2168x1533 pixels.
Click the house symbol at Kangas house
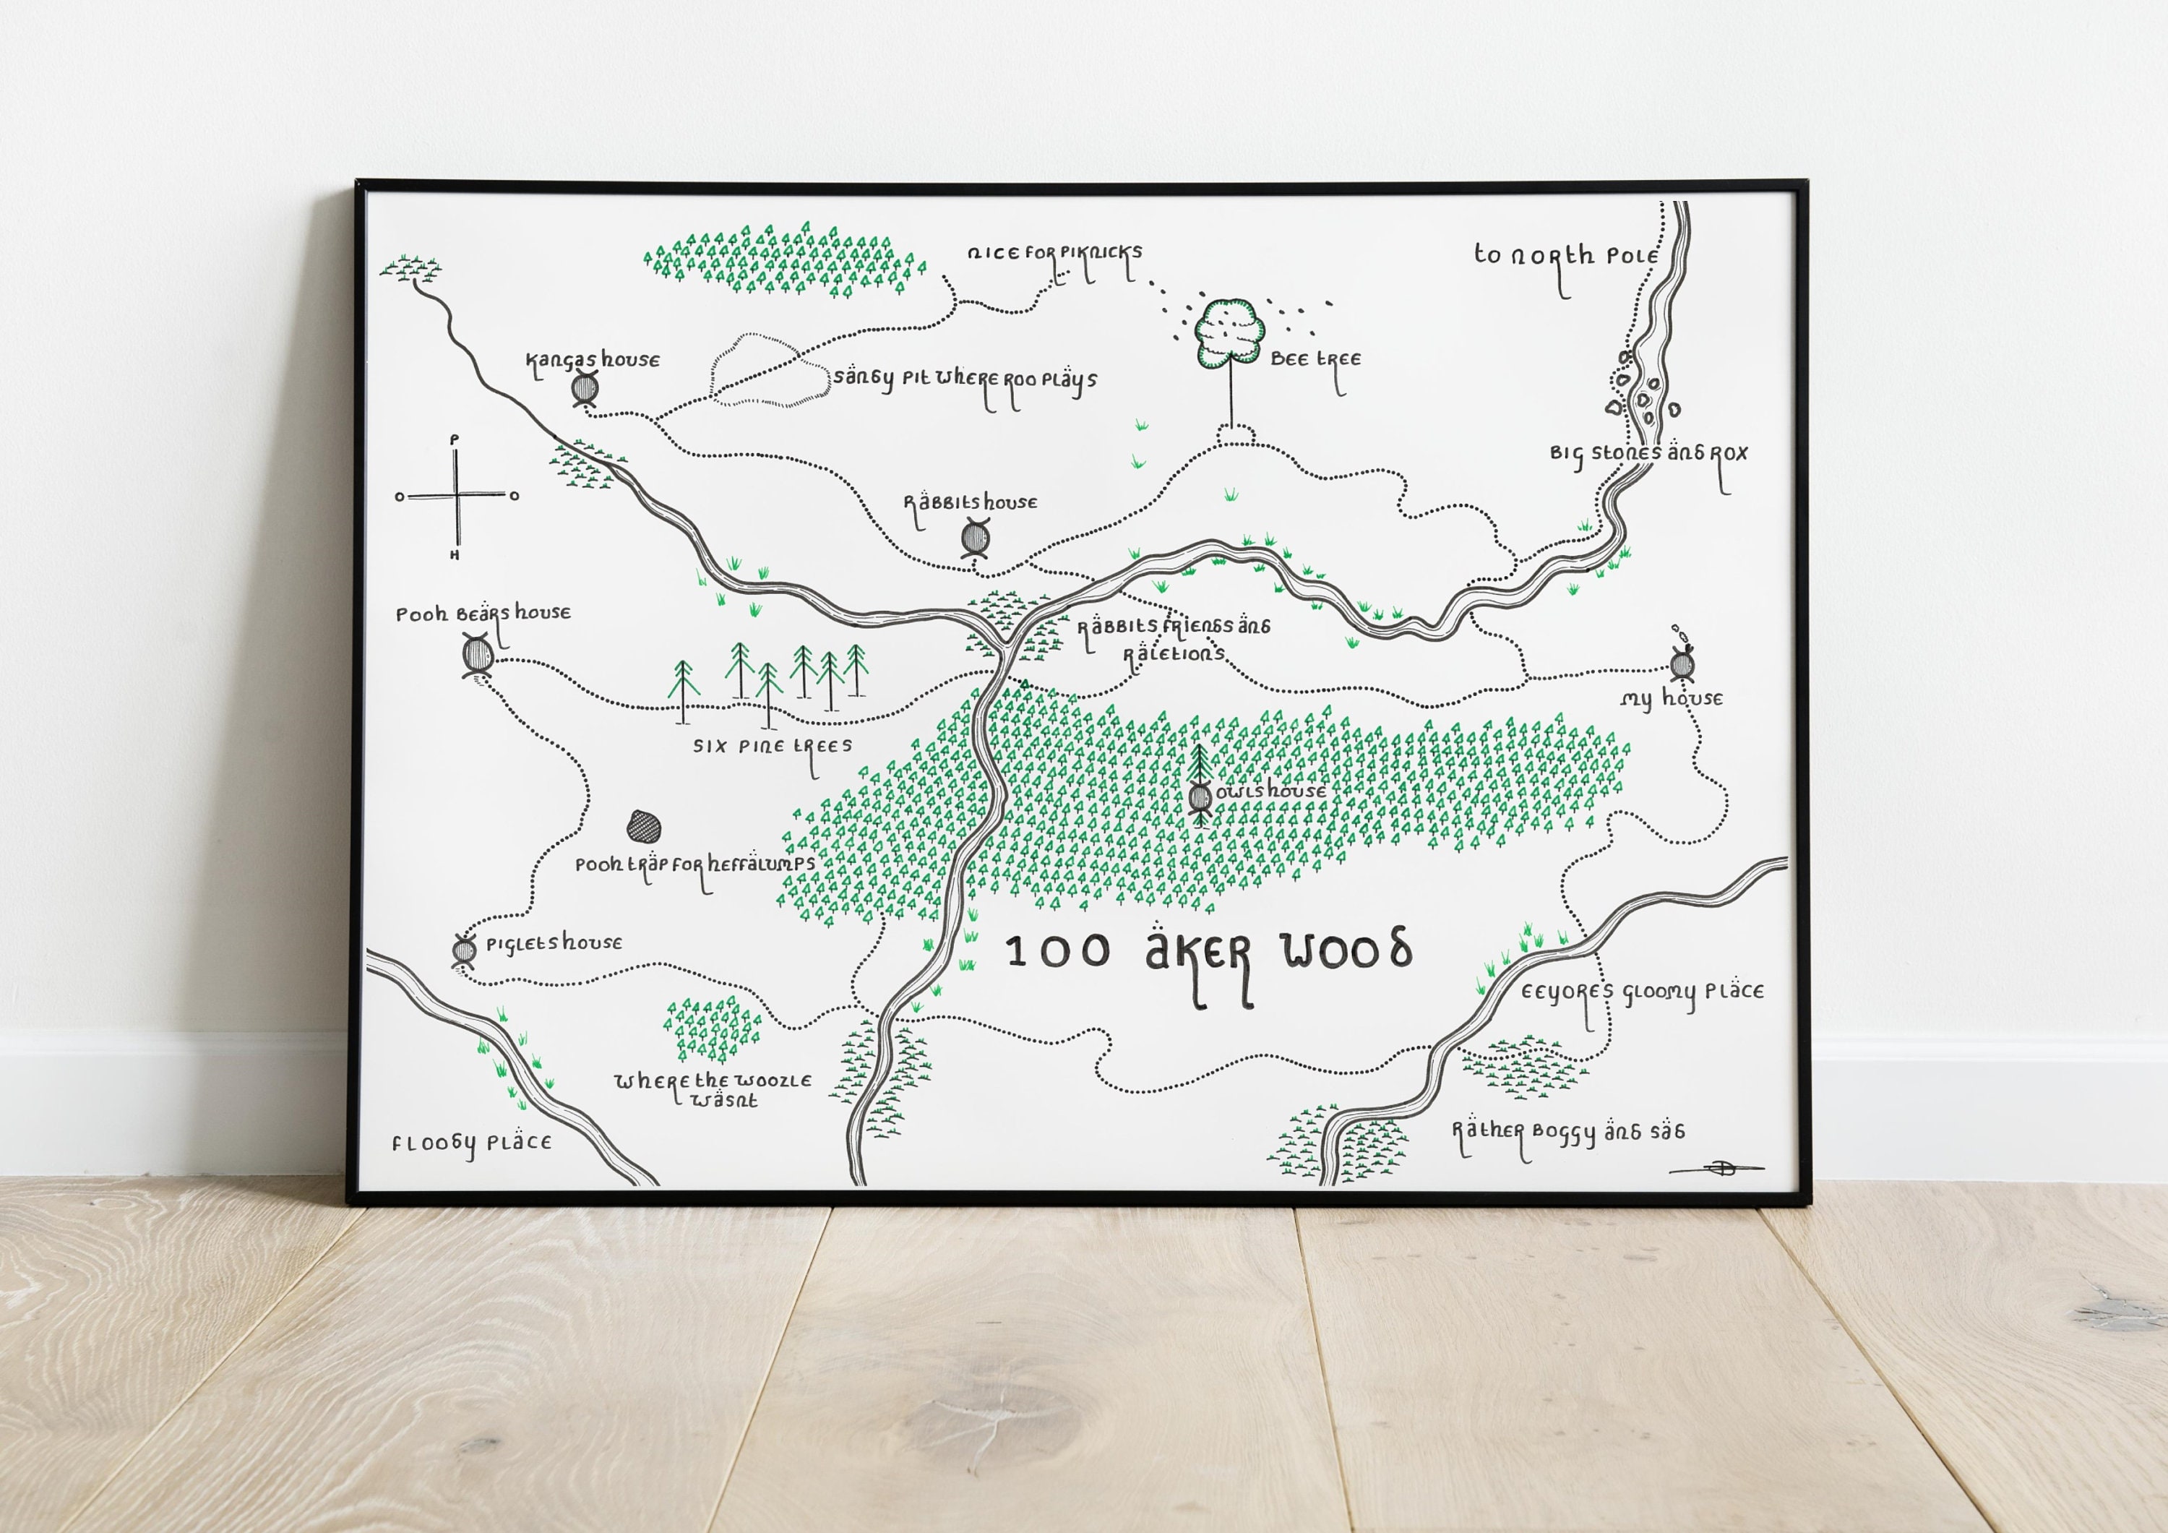click(585, 388)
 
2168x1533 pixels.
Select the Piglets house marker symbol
click(465, 949)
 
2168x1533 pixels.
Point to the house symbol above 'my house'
click(1682, 664)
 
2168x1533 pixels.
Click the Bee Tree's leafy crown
click(1229, 332)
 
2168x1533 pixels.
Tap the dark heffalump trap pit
click(644, 828)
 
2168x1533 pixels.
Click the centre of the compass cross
click(457, 495)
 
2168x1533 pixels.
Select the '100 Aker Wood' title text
click(1208, 952)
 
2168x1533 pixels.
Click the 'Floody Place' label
click(471, 1143)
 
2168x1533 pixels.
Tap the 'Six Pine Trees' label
click(773, 746)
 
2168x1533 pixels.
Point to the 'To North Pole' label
click(1565, 256)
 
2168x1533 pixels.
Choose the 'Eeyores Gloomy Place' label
click(1641, 992)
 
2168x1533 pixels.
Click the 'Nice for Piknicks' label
click(1054, 253)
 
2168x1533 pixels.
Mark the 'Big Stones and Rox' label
click(1648, 453)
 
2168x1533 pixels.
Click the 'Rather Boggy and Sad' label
click(1567, 1132)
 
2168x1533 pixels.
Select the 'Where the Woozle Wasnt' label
click(713, 1089)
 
